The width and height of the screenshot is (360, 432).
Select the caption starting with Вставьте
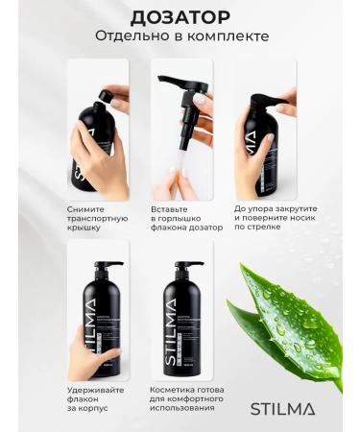coord(187,218)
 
